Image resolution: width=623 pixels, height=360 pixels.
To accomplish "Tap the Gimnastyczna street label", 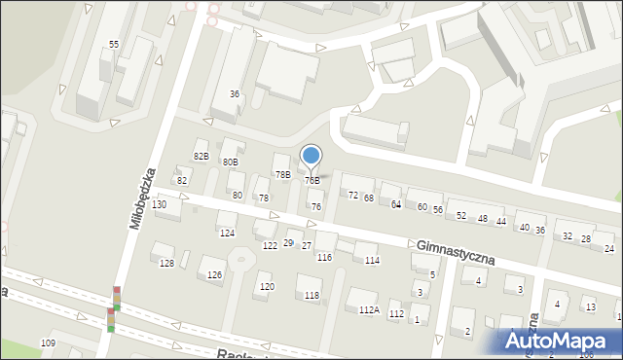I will point(456,254).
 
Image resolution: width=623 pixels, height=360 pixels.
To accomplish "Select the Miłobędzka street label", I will point(143,198).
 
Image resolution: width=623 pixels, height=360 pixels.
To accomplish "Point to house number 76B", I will point(311,180).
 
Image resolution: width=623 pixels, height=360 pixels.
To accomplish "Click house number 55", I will point(114,45).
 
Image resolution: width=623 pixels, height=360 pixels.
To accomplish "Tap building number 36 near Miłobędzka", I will point(235,93).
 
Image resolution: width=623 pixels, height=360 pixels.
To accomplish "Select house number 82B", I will point(201,156).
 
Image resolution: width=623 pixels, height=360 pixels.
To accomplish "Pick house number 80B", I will point(230,162).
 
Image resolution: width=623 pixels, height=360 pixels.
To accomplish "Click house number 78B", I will point(282,174).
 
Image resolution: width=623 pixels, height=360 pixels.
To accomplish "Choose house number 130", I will point(159,204).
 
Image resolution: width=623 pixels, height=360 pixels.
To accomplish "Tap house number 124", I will point(227,233).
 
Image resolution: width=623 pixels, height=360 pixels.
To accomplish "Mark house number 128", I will point(166,264).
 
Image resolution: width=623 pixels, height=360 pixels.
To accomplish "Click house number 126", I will point(214,274).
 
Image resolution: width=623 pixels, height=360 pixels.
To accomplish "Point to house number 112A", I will point(368,309).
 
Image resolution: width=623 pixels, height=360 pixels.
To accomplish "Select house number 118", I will point(311,295).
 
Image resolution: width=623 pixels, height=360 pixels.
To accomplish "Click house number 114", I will point(371,260).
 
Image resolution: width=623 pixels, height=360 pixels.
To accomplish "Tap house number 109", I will point(48,344).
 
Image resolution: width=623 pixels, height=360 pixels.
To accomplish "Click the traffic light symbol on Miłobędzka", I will point(113,310).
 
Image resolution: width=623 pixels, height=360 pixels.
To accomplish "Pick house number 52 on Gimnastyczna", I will point(461,215).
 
